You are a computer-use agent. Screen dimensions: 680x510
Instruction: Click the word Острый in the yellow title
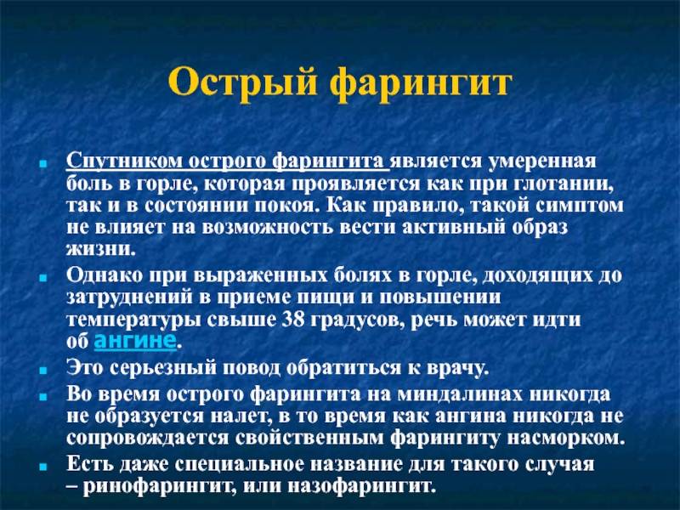click(242, 82)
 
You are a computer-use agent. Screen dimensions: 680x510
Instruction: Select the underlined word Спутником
click(124, 161)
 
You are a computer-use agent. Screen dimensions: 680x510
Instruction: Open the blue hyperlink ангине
click(135, 340)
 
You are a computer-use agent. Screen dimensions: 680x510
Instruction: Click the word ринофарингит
click(159, 486)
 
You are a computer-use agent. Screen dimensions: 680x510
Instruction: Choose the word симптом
click(580, 206)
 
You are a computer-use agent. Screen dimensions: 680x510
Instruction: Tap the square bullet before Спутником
click(42, 164)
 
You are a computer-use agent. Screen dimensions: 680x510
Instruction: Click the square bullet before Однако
click(42, 278)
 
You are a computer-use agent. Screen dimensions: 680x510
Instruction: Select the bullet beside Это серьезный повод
click(42, 371)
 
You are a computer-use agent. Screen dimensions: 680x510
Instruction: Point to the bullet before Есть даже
click(42, 467)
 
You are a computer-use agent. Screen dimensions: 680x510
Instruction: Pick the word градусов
click(358, 320)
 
